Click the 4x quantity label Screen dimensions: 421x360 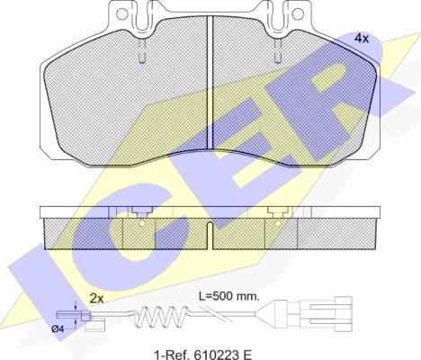[362, 39]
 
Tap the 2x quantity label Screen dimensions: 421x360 [96, 298]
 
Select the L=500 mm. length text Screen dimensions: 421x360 [229, 296]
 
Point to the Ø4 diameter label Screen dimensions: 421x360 [58, 328]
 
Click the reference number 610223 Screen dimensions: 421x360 [212, 355]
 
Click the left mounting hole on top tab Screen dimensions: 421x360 [121, 13]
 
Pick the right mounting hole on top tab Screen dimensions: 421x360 [298, 13]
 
